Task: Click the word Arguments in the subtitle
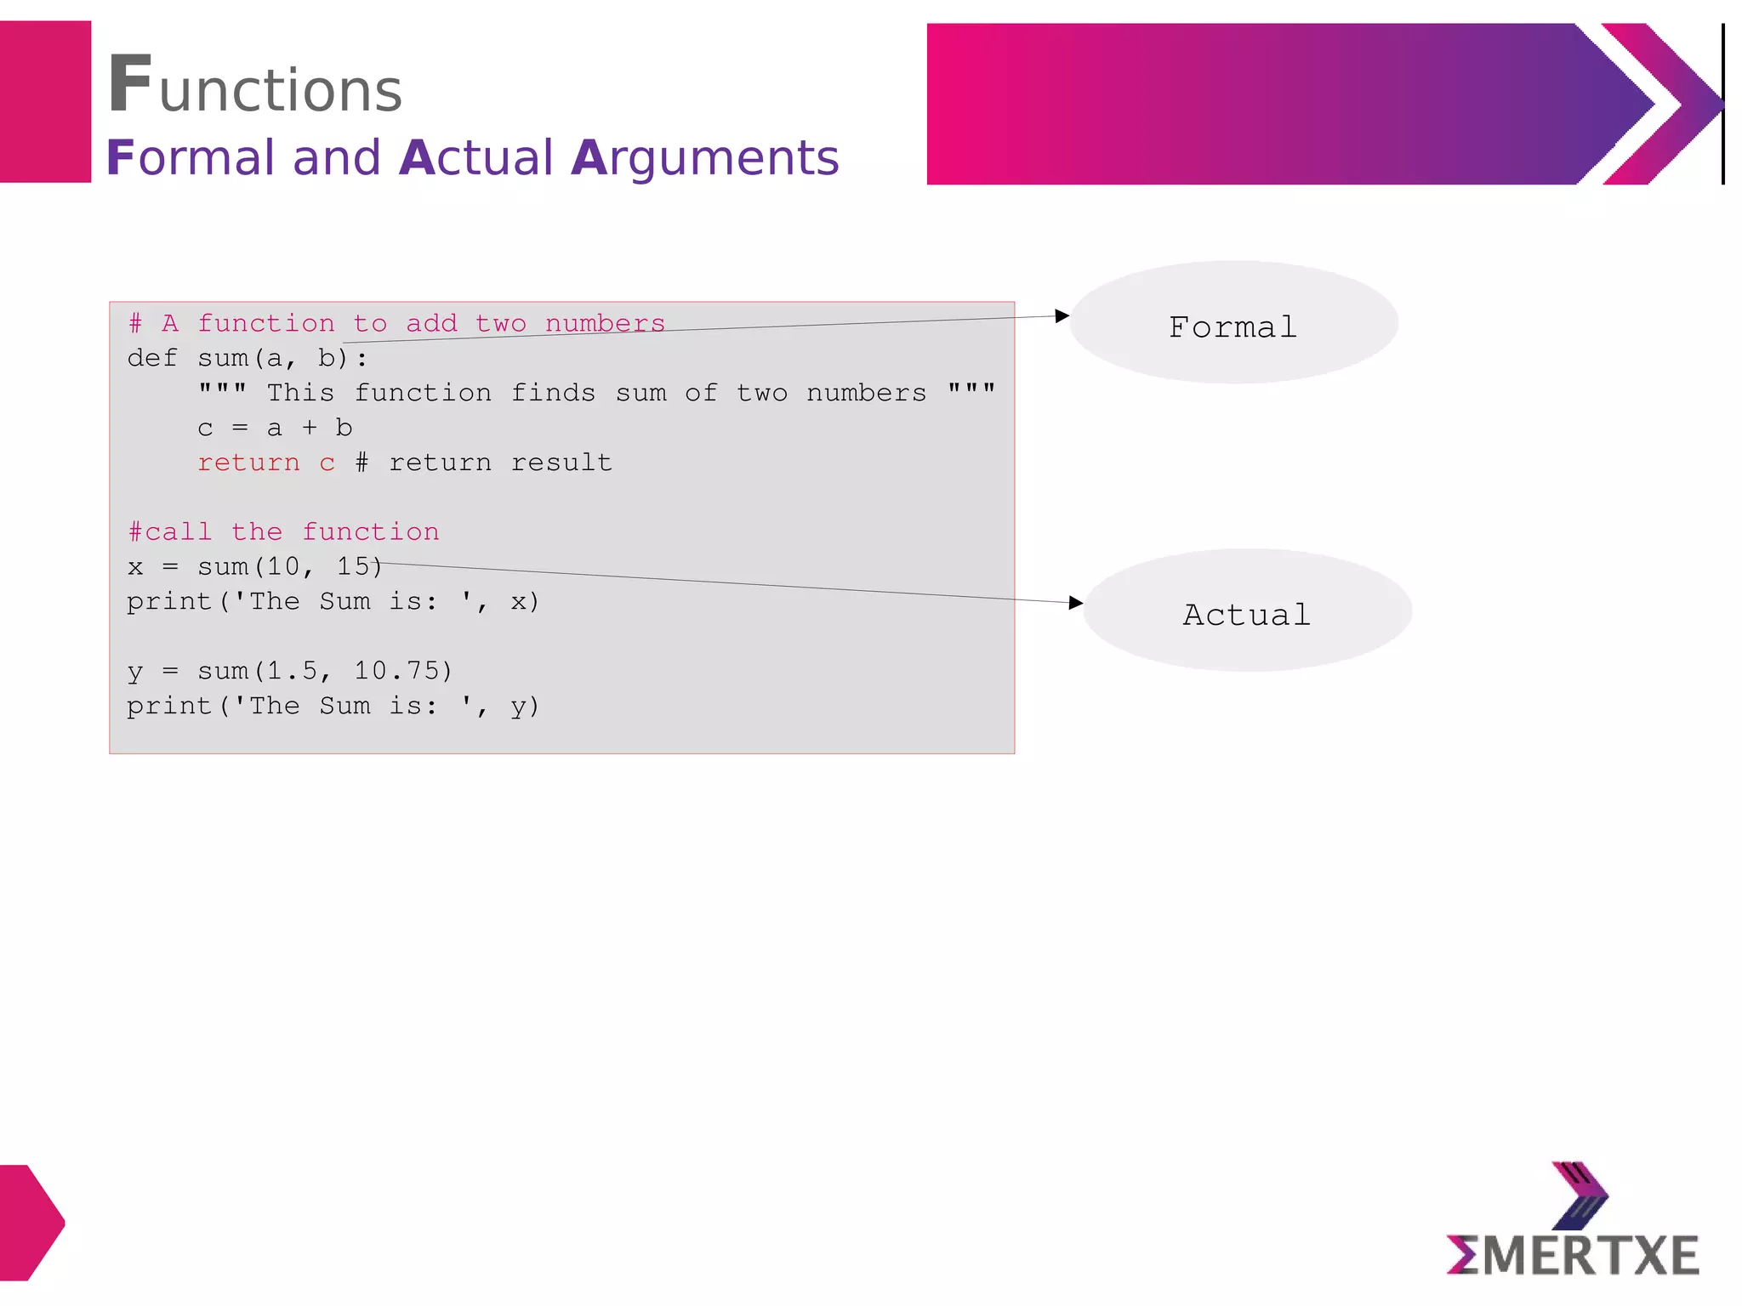(x=705, y=158)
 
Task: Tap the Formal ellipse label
(x=1232, y=327)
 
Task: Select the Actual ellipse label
(x=1247, y=615)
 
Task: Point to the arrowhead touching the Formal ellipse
(x=1062, y=316)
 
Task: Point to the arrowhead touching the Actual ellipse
(x=1076, y=603)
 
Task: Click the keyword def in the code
(x=152, y=358)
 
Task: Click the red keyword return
(x=248, y=463)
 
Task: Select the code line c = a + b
(x=274, y=428)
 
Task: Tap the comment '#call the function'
(x=283, y=532)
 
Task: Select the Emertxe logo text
(x=1573, y=1256)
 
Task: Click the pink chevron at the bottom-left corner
(x=31, y=1223)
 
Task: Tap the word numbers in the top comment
(x=605, y=323)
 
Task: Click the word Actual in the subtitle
(x=476, y=158)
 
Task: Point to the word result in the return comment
(x=561, y=463)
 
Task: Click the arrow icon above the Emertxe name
(x=1580, y=1195)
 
